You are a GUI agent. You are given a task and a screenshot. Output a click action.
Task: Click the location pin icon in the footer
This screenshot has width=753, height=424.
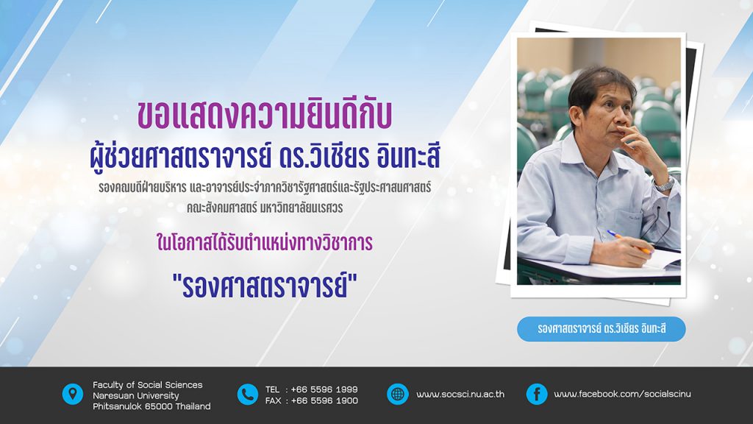(x=73, y=395)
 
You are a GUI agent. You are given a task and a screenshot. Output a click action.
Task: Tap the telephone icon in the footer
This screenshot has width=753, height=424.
(x=248, y=395)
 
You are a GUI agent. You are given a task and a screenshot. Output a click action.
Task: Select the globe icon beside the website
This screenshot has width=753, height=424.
(x=398, y=395)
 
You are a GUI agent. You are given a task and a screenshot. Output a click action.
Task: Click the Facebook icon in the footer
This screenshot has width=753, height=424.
(x=537, y=395)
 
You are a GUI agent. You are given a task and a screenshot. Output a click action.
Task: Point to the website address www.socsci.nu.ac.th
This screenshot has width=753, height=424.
(x=460, y=395)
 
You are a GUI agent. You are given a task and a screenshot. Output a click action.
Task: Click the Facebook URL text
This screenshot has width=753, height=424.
(x=622, y=394)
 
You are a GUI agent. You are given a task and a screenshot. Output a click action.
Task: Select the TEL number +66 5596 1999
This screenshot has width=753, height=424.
(x=324, y=389)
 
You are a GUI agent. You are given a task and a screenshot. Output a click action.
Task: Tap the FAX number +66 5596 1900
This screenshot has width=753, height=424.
(x=324, y=400)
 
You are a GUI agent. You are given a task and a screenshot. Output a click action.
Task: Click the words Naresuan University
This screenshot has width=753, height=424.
(x=136, y=395)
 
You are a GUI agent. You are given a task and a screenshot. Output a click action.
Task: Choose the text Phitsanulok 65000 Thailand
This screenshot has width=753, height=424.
(x=151, y=406)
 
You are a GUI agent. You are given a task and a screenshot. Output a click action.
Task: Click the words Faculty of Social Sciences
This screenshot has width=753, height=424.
(x=147, y=384)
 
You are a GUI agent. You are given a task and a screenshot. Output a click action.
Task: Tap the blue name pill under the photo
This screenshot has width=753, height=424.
(x=602, y=329)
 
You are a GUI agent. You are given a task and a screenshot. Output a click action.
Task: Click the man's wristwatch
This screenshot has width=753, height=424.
(x=665, y=183)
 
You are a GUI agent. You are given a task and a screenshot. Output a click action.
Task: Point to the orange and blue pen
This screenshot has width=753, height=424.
(x=629, y=241)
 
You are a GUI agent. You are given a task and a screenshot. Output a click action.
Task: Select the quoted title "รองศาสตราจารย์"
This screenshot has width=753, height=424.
(x=265, y=286)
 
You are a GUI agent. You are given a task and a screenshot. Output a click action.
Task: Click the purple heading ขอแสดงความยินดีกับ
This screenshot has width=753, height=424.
(x=265, y=115)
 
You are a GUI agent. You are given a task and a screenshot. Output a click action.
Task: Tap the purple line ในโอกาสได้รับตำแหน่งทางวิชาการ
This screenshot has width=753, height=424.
(x=265, y=242)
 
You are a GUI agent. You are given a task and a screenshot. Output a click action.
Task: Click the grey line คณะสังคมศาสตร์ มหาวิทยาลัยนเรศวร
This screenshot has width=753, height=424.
(x=265, y=208)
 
